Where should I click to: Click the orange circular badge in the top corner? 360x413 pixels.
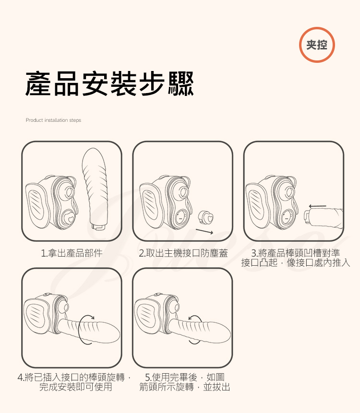point(317,45)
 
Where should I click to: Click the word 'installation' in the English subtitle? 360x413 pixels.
point(53,120)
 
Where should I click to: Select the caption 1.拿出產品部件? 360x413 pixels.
point(72,253)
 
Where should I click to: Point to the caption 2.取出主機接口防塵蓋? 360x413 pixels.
point(183,253)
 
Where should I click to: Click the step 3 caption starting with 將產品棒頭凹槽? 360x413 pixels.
point(295,253)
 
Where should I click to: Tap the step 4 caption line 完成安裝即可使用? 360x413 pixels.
point(75,387)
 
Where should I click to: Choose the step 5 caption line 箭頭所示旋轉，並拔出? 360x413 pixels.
point(184,387)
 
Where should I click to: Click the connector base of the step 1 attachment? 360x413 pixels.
point(99,224)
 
